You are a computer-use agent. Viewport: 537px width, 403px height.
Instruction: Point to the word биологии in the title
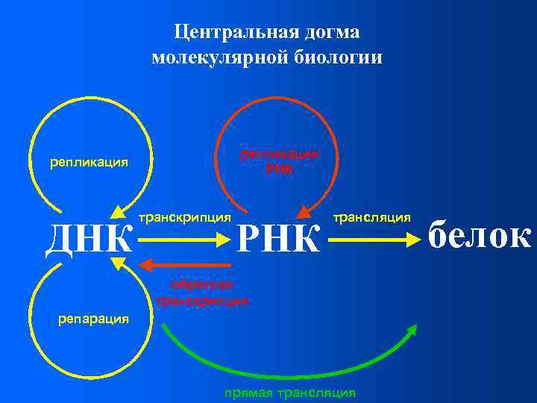pos(340,57)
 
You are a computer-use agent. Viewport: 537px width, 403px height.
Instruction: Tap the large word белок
pos(480,236)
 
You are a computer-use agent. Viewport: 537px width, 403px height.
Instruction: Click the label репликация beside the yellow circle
pos(88,161)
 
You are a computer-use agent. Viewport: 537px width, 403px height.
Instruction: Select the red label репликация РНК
pos(279,161)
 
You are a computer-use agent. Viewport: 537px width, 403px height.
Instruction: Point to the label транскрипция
pos(184,217)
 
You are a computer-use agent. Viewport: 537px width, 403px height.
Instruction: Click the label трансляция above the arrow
pos(371,217)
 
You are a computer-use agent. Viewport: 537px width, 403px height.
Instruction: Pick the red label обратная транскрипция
pos(202,293)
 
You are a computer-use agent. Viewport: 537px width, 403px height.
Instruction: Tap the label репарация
pos(93,319)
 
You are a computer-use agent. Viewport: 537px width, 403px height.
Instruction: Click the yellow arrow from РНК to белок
pos(374,240)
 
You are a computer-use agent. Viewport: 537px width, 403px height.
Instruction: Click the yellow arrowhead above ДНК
pos(116,212)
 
